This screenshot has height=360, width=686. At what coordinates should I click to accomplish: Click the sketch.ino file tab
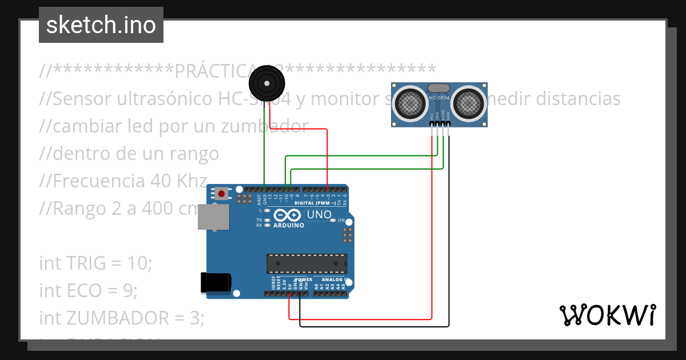[101, 25]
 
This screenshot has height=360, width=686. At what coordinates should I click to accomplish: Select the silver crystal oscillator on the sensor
[439, 88]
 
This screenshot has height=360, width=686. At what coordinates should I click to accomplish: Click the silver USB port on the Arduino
[213, 217]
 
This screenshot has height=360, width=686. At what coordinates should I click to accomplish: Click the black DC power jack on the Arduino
[216, 283]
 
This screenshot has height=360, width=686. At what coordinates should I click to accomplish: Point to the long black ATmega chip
[306, 263]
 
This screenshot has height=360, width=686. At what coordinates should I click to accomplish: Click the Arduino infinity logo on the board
[287, 215]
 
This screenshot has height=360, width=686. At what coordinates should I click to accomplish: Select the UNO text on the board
[319, 215]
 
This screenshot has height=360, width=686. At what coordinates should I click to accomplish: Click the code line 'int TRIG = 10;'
[96, 263]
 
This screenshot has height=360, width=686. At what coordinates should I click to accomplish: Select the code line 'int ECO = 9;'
[89, 290]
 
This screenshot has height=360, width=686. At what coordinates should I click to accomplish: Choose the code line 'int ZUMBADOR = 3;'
[121, 317]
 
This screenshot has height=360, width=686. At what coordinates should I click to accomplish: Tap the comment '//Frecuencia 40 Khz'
[123, 181]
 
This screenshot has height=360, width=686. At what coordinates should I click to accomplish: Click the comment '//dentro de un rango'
[129, 154]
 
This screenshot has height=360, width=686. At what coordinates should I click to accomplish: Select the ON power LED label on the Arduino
[341, 221]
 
